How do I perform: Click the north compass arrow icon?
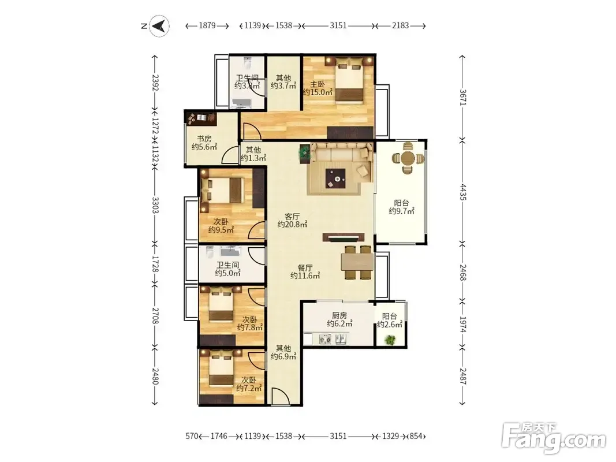[159, 27]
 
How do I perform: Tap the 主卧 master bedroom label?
[318, 84]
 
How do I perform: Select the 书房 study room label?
[204, 139]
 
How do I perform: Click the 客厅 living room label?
[292, 217]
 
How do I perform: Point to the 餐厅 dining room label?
[305, 268]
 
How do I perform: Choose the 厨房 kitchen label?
[339, 315]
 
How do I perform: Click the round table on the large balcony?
[409, 158]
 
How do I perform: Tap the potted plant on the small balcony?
[390, 340]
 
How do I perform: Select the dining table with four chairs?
[357, 262]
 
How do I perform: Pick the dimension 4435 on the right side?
[463, 192]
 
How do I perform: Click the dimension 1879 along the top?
[207, 25]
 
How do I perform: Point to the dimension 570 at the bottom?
[192, 436]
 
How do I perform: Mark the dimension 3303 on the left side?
[155, 205]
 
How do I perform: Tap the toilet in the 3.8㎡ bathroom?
[247, 63]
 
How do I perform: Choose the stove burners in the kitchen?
[325, 338]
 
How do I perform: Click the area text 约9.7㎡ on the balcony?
[401, 211]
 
